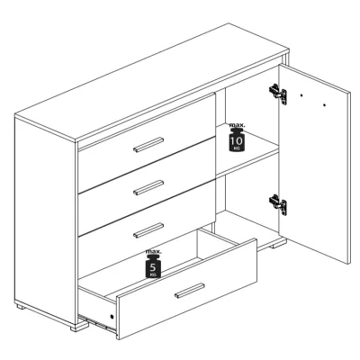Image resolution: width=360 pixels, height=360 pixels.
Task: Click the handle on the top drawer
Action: click(x=148, y=145)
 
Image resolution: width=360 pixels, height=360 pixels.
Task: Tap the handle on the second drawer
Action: click(x=148, y=187)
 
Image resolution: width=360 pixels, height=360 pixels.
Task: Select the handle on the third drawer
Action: click(x=148, y=230)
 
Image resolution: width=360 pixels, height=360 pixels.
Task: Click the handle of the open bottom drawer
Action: click(x=190, y=291)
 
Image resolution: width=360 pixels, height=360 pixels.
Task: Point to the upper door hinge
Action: click(x=278, y=94)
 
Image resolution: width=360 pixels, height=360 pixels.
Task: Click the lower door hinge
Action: click(x=278, y=204)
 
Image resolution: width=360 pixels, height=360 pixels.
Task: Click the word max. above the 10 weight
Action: click(x=237, y=125)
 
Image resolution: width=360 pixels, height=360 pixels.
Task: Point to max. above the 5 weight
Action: click(x=153, y=251)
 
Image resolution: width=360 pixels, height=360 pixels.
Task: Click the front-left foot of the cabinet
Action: click(x=79, y=327)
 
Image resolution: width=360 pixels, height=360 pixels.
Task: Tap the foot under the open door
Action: click(x=279, y=245)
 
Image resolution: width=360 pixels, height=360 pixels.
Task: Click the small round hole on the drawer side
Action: click(x=112, y=317)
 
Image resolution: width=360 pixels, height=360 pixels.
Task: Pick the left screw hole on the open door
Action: click(x=301, y=95)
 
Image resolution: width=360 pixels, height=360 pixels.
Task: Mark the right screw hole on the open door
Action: click(x=325, y=105)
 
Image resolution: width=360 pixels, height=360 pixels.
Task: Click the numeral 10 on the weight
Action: click(x=237, y=140)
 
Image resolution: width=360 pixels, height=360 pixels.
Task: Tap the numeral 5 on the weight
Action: click(x=153, y=266)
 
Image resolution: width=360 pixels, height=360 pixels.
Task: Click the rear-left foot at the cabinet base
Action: click(x=21, y=307)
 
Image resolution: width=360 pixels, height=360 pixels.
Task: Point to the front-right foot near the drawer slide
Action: click(x=79, y=327)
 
